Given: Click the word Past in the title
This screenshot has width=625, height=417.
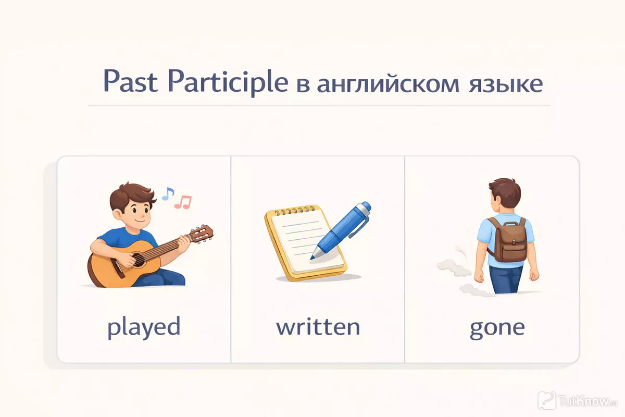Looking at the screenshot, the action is point(130,81).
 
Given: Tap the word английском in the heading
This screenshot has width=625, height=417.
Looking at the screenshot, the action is point(388,84).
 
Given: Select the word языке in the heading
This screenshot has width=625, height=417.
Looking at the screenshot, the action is point(506,84).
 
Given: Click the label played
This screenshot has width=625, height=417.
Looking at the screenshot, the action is point(144,327).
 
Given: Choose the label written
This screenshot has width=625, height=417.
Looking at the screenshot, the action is point(318,326).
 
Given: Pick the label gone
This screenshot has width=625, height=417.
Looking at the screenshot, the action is point(497,329).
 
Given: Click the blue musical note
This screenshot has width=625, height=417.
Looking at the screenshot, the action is point(168,193).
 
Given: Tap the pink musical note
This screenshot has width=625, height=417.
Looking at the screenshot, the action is point(183,202).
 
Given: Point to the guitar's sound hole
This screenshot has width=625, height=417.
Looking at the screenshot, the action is point(138,260).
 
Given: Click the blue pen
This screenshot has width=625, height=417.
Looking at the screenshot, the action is point(341,230).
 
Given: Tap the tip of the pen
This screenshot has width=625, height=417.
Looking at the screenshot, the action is point(311,258).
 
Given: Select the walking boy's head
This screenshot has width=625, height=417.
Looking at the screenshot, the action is point(505,195).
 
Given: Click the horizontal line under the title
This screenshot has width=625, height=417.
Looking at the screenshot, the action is point(319,106).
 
